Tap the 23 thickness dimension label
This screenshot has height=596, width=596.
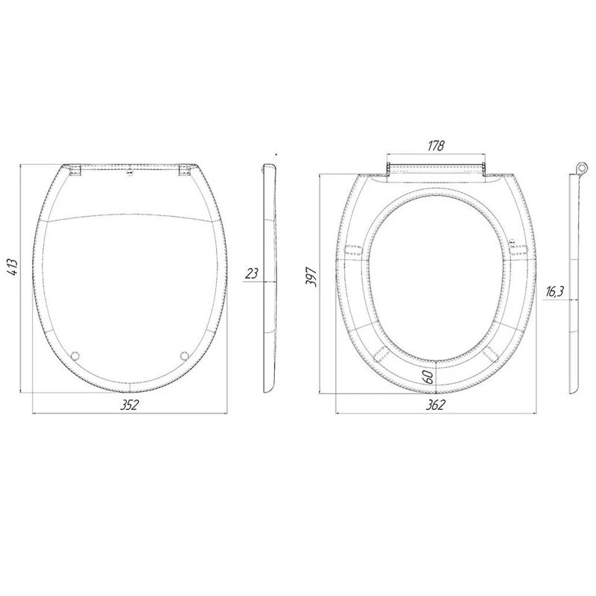click(x=252, y=273)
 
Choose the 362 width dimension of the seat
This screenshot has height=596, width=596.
click(x=435, y=404)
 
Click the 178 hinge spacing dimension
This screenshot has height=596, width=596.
click(x=436, y=146)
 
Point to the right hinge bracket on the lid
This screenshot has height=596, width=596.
click(x=183, y=170)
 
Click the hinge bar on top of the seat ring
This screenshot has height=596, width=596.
click(x=436, y=165)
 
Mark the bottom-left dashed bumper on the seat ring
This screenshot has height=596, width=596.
click(x=384, y=353)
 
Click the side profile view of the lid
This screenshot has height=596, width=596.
click(x=270, y=279)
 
